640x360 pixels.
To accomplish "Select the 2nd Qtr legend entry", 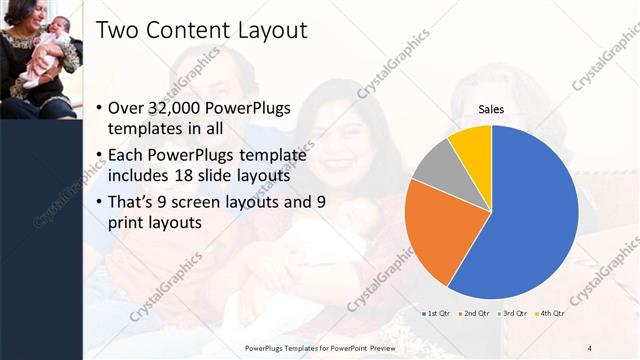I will tap(475, 313).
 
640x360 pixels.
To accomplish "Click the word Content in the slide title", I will tap(190, 31).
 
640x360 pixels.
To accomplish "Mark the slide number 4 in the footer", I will tap(589, 347).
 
